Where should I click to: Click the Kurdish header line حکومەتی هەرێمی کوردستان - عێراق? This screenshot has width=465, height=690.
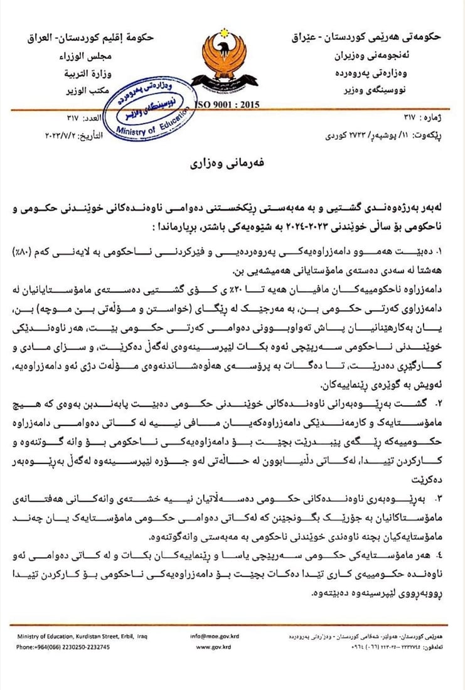point(369,38)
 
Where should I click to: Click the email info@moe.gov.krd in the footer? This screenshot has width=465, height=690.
point(214,636)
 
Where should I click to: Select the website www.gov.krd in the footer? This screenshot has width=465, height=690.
point(214,646)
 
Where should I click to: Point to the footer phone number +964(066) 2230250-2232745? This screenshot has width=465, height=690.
point(63,646)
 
